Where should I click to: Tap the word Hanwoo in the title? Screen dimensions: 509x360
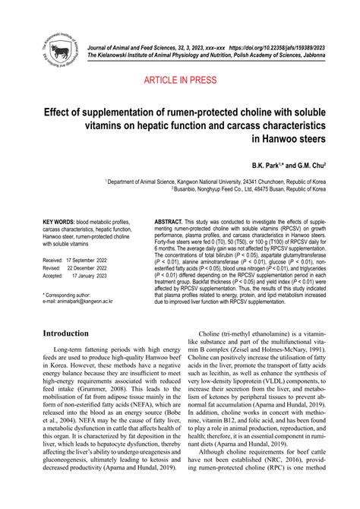pyautogui.click(x=279, y=141)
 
